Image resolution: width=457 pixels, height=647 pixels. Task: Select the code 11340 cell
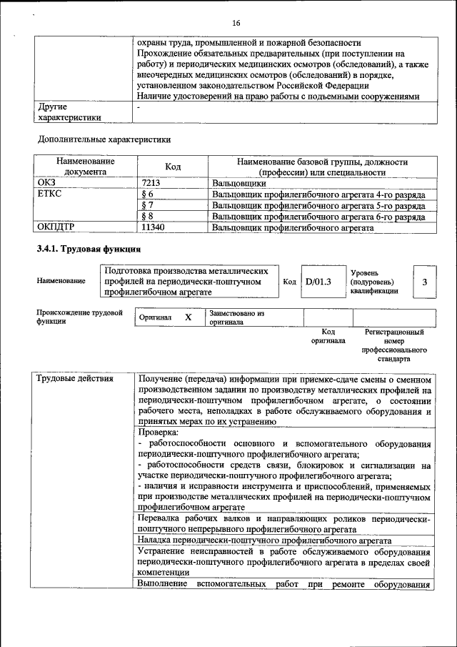pyautogui.click(x=153, y=227)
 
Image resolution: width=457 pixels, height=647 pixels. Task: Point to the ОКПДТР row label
pyautogui.click(x=56, y=227)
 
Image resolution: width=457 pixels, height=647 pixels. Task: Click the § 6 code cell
pyautogui.click(x=148, y=194)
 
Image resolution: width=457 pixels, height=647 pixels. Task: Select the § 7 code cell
pyautogui.click(x=148, y=205)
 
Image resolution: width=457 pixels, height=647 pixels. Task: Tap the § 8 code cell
pyautogui.click(x=148, y=217)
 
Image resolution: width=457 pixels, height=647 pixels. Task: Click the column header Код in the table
pyautogui.click(x=173, y=167)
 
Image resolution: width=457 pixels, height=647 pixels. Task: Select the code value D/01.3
pyautogui.click(x=318, y=282)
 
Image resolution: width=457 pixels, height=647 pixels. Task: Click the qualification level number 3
pyautogui.click(x=424, y=282)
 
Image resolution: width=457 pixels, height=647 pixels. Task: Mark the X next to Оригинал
pyautogui.click(x=188, y=317)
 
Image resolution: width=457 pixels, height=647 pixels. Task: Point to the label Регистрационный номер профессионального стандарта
pyautogui.click(x=394, y=346)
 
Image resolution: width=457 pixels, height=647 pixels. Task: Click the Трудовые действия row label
pyautogui.click(x=75, y=378)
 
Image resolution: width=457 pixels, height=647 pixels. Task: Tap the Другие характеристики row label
pyautogui.click(x=69, y=112)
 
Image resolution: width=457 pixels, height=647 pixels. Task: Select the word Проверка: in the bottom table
pyautogui.click(x=159, y=433)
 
